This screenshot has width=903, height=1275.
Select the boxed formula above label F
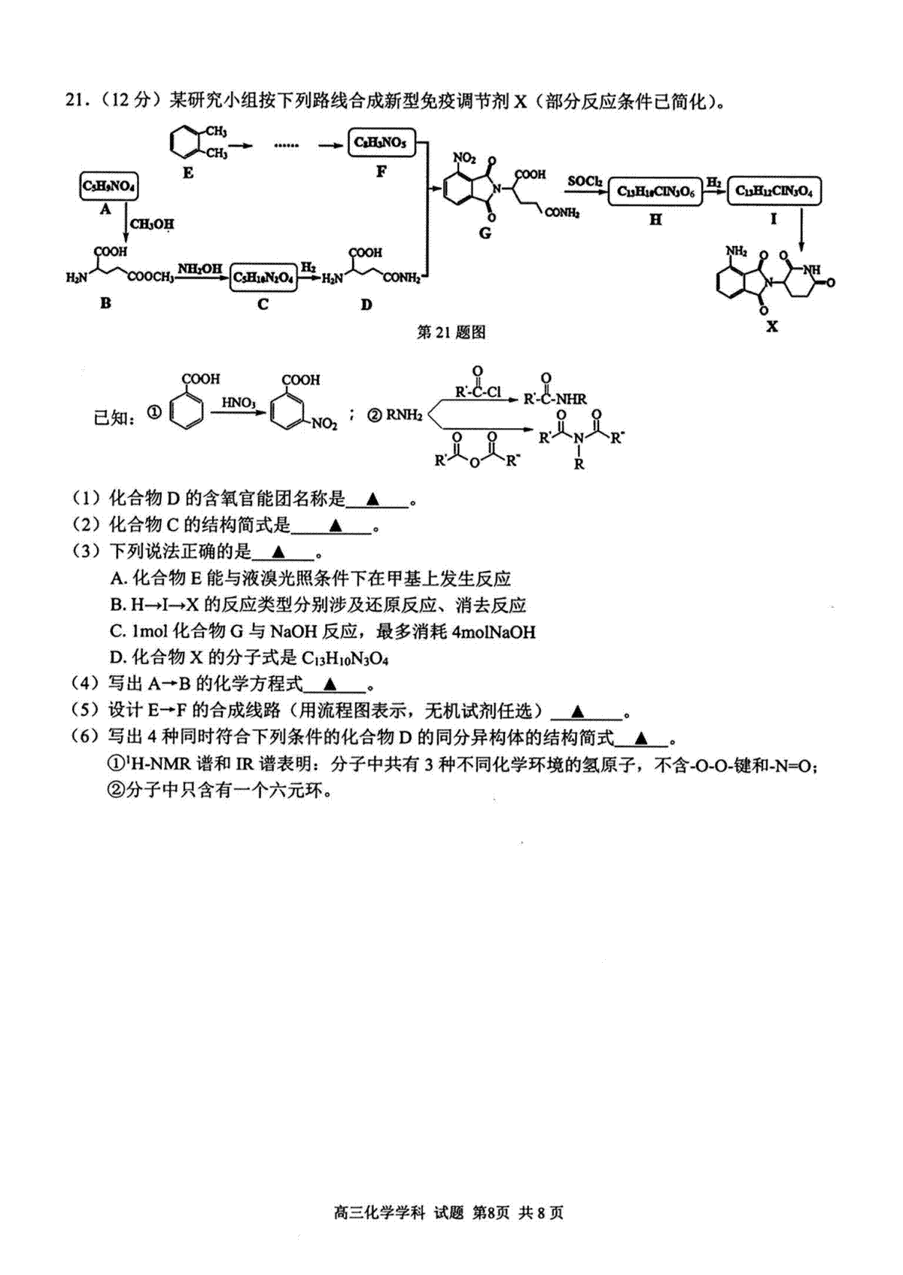(x=381, y=141)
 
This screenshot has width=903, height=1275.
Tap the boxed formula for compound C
(x=263, y=278)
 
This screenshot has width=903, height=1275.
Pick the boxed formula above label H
(x=655, y=192)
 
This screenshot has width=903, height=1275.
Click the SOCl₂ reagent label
(x=585, y=181)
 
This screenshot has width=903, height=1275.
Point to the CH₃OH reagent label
(x=152, y=223)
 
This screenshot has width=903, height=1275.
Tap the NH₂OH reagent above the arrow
(x=200, y=268)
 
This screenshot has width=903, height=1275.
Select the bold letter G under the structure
(x=485, y=232)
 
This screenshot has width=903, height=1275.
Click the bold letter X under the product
(x=772, y=326)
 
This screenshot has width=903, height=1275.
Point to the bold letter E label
(x=188, y=172)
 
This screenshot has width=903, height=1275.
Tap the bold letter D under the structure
(x=366, y=305)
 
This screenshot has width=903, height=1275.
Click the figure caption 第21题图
(x=451, y=332)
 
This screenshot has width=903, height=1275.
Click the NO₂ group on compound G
(x=464, y=158)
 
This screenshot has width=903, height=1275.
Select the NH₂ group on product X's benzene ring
(x=737, y=251)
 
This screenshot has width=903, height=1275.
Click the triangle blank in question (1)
(x=373, y=499)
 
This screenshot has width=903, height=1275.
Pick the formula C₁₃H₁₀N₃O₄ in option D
(x=345, y=659)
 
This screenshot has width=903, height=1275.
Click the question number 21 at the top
(x=75, y=101)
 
